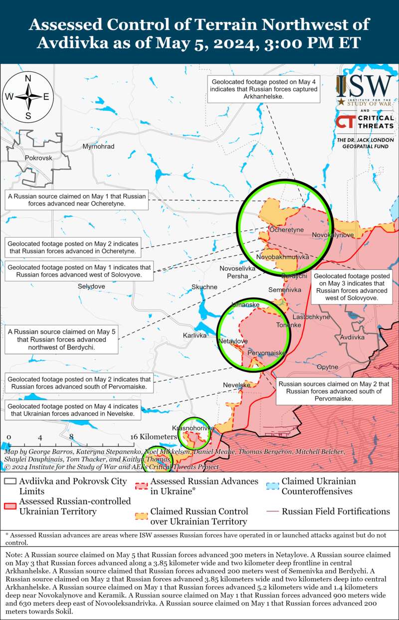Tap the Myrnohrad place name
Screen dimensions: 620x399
[x=98, y=146]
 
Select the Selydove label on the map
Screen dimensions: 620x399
[x=91, y=286]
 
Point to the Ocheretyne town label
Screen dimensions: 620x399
[x=286, y=230]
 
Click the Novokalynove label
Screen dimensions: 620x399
[x=333, y=235]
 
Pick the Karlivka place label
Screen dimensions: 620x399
[x=195, y=335]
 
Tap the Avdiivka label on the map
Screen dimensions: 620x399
[x=352, y=337]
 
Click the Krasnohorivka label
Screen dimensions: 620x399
[x=193, y=428]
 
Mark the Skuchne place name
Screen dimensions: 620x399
[x=204, y=287]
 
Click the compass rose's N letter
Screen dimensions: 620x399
[x=28, y=78]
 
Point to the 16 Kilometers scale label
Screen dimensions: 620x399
[x=154, y=437]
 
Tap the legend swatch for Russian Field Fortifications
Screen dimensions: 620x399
[x=272, y=512]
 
